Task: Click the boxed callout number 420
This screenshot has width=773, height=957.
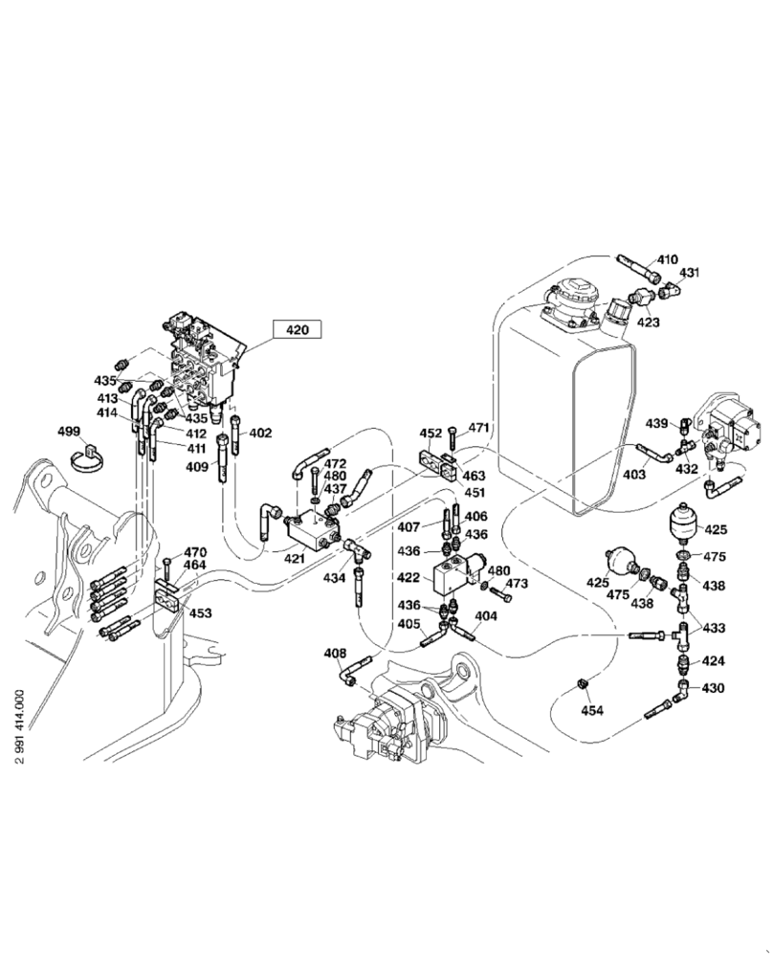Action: click(298, 330)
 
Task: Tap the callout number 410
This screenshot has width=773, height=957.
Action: click(666, 259)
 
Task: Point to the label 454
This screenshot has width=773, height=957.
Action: click(592, 710)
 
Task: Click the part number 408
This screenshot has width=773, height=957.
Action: click(334, 654)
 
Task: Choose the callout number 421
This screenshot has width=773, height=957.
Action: click(293, 558)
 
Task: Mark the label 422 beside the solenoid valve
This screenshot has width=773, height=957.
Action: click(408, 577)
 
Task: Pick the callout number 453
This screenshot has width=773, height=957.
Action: click(199, 613)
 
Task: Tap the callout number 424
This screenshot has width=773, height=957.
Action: click(714, 660)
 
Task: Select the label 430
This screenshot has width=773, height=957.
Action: click(714, 687)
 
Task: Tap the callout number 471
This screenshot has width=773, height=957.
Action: click(478, 427)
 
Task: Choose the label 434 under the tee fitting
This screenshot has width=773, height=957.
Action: click(334, 579)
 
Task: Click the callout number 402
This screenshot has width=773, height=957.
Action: click(260, 434)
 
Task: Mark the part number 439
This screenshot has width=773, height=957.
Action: click(655, 423)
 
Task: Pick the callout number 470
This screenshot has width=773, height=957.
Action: click(195, 551)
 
